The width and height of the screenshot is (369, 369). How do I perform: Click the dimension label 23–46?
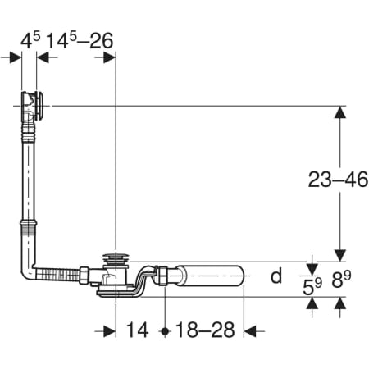click(338, 180)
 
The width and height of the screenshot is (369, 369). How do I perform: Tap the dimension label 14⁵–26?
click(80, 41)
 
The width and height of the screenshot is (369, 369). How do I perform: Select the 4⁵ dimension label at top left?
click(30, 40)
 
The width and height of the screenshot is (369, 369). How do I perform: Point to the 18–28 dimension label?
click(205, 330)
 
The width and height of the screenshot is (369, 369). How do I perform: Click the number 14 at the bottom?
click(138, 330)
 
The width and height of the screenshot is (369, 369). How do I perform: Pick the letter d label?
click(276, 276)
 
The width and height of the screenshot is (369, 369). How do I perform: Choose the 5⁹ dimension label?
click(312, 286)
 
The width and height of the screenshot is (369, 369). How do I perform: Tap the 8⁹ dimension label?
click(341, 280)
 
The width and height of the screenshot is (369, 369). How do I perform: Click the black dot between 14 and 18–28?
click(165, 331)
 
